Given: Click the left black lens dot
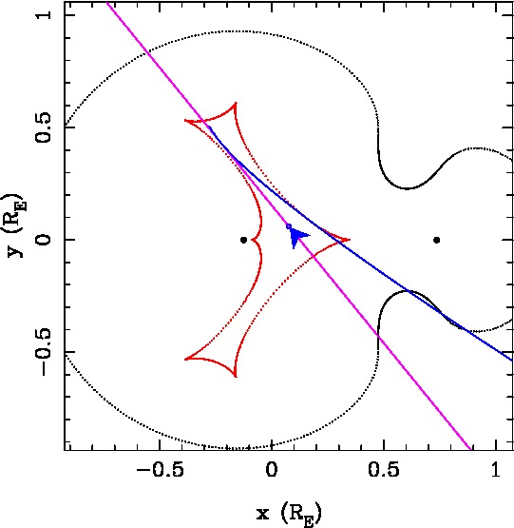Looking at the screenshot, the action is click(244, 240).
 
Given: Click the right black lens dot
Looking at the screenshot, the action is click(437, 240).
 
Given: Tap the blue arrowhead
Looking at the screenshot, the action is click(298, 237).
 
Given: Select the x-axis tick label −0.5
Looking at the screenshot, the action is click(161, 469).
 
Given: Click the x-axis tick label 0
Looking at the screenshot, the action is click(272, 469).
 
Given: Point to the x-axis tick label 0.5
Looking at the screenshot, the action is click(384, 469).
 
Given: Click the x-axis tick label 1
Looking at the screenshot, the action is click(496, 469).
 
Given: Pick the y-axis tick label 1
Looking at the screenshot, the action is click(44, 15).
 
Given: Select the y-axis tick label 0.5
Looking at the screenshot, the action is click(44, 127).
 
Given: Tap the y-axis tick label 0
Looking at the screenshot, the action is click(44, 240).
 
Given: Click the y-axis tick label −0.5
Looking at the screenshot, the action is click(44, 352).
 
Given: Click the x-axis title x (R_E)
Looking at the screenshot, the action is click(289, 514).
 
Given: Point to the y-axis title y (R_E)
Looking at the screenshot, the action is click(16, 225).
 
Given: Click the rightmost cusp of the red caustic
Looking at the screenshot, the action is click(351, 240).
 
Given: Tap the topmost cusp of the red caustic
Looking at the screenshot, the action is click(236, 103).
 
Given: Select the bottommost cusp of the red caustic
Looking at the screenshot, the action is click(235, 376).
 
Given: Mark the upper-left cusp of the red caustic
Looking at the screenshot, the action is click(184, 120).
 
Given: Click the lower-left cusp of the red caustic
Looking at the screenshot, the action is click(184, 360).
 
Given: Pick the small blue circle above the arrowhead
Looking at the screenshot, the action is click(289, 226).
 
